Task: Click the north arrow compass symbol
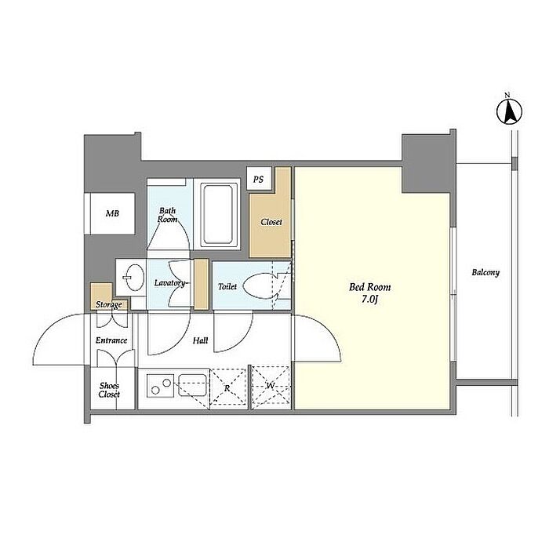pyautogui.click(x=509, y=111)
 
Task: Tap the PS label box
pyautogui.click(x=259, y=179)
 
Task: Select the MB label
pyautogui.click(x=112, y=213)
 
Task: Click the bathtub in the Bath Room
pyautogui.click(x=217, y=214)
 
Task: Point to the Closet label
pyautogui.click(x=271, y=222)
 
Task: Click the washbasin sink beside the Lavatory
pyautogui.click(x=134, y=278)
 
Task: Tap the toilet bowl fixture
pyautogui.click(x=260, y=285)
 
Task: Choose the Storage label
pyautogui.click(x=109, y=304)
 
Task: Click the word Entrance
pyautogui.click(x=111, y=340)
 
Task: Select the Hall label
pyautogui.click(x=200, y=340)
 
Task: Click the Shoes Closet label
pyautogui.click(x=109, y=390)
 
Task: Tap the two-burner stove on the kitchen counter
pyautogui.click(x=160, y=386)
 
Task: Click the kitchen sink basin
pyautogui.click(x=193, y=385)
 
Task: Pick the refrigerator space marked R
pyautogui.click(x=228, y=388)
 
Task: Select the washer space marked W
pyautogui.click(x=271, y=387)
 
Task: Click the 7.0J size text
pyautogui.click(x=369, y=300)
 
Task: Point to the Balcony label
pyautogui.click(x=485, y=272)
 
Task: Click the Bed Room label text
pyautogui.click(x=369, y=288)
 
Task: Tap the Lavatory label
pyautogui.click(x=169, y=283)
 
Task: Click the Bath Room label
pyautogui.click(x=167, y=215)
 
